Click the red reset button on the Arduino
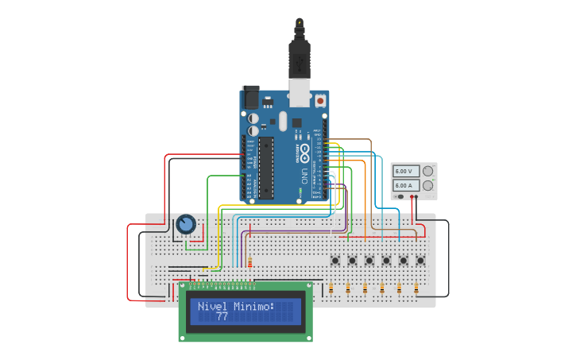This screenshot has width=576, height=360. pyautogui.click(x=320, y=100)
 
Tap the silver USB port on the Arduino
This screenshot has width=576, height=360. pyautogui.click(x=299, y=95)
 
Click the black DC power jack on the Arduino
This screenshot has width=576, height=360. pyautogui.click(x=250, y=98)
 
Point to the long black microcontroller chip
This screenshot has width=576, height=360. pyautogui.click(x=266, y=168)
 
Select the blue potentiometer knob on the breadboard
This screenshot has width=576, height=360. pyautogui.click(x=186, y=225)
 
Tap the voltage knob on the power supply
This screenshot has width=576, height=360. pyautogui.click(x=428, y=171)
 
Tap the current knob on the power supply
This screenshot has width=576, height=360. pyautogui.click(x=428, y=185)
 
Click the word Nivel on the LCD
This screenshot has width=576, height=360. pyautogui.click(x=211, y=306)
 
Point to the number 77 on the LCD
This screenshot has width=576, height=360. pyautogui.click(x=222, y=316)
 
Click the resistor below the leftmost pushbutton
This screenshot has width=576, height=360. pyautogui.click(x=331, y=289)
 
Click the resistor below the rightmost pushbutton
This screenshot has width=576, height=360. pyautogui.click(x=416, y=289)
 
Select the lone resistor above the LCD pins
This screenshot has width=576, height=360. pyautogui.click(x=251, y=263)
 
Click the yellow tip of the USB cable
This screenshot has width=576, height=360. pyautogui.click(x=299, y=22)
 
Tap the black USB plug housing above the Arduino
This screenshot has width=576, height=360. pyautogui.click(x=299, y=60)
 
